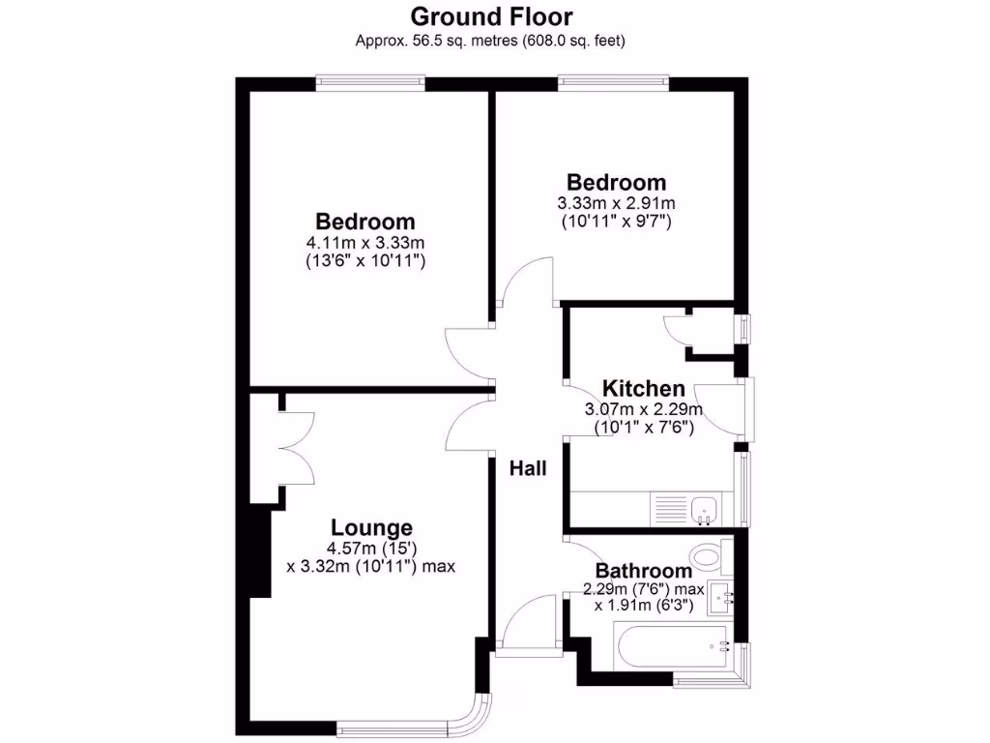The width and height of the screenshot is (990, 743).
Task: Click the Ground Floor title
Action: pos(491,16)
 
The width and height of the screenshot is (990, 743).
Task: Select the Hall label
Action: pos(529,469)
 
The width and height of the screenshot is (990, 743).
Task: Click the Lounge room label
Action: pos(371,528)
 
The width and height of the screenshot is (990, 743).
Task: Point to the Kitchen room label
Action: pos(644,389)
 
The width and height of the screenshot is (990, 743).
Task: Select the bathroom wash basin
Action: pos(721,598)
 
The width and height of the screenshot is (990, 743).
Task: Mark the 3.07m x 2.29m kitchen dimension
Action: pos(643,409)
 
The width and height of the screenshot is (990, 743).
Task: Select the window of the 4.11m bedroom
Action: pos(371,82)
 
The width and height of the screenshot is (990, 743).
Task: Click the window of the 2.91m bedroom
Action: pos(613,82)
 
